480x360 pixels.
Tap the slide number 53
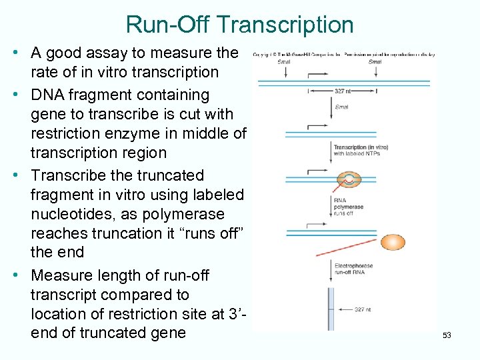point(447,335)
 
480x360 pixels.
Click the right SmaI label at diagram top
point(375,62)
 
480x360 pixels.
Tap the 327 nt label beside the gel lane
point(361,309)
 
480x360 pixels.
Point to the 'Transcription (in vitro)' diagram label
point(357,147)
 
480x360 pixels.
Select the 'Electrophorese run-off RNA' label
point(353,269)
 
